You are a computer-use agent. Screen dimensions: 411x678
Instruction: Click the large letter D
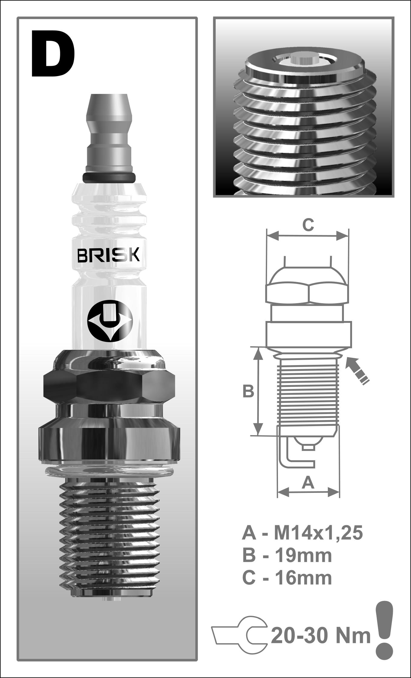pos(53,54)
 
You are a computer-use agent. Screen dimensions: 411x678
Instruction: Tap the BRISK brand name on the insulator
pos(109,255)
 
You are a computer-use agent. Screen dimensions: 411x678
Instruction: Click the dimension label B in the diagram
pos(248,392)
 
